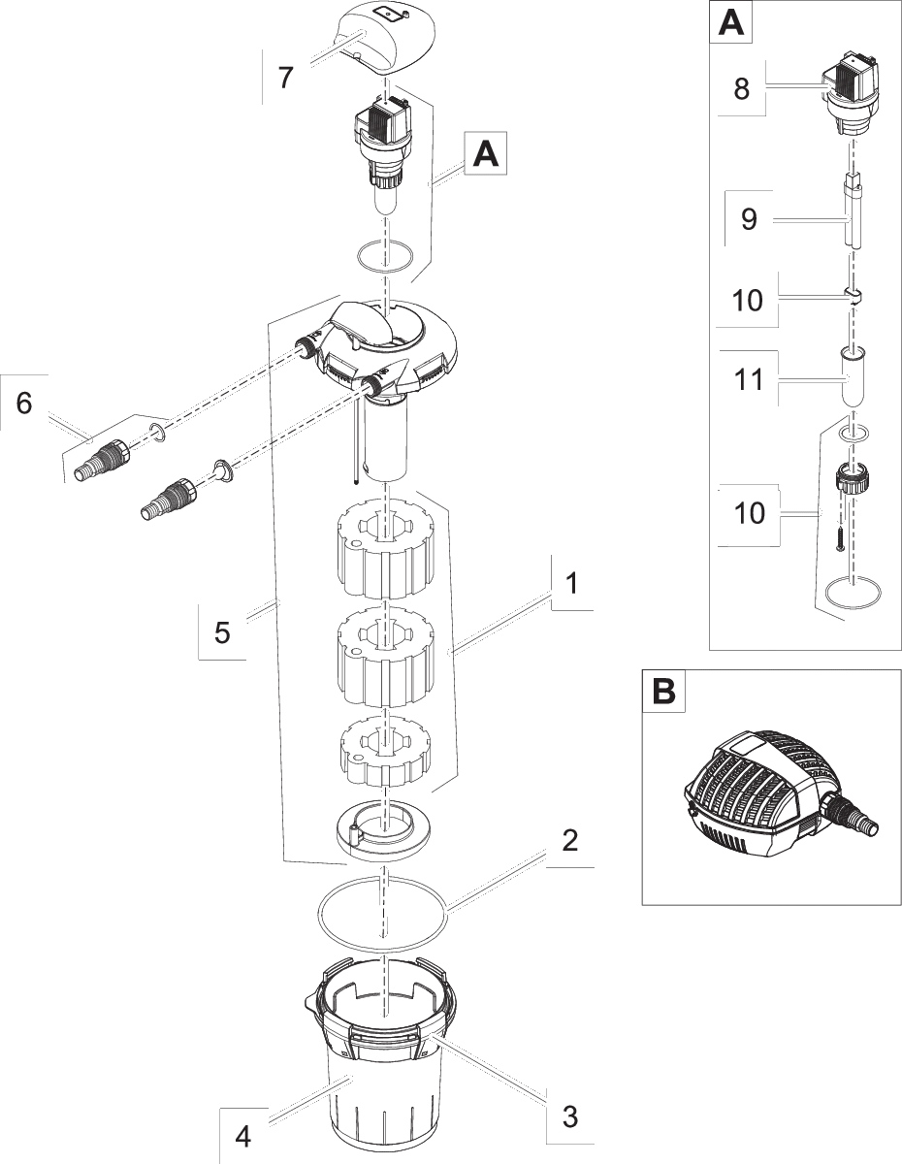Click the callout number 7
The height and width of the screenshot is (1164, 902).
284,77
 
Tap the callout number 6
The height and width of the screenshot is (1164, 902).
23,403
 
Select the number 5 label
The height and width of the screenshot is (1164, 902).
222,632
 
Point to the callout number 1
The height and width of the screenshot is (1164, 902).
572,583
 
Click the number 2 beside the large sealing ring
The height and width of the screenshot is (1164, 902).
570,839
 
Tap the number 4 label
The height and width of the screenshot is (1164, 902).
243,1136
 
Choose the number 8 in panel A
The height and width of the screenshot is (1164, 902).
741,89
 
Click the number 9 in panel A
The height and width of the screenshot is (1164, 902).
749,219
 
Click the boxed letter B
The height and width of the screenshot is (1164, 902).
663,691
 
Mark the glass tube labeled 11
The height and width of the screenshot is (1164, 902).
854,378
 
